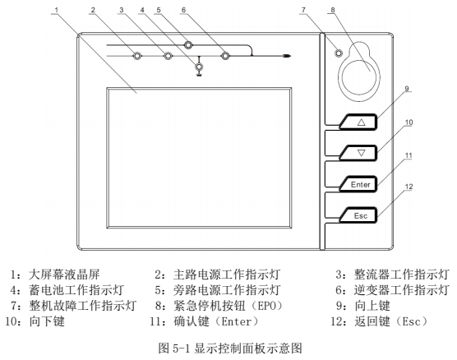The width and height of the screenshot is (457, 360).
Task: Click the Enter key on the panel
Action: click(358, 184)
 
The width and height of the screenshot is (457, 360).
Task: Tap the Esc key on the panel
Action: click(358, 215)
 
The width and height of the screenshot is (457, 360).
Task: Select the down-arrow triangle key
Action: click(358, 153)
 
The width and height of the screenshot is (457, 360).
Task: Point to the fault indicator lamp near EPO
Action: click(339, 53)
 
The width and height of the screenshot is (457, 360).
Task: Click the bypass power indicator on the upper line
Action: click(188, 45)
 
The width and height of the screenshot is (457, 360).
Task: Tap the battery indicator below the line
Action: click(199, 67)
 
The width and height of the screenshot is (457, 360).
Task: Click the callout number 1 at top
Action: click(57, 10)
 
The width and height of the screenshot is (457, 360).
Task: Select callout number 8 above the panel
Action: click(333, 10)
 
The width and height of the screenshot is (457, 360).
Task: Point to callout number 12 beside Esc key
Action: click(409, 187)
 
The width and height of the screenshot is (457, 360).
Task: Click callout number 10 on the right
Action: click(409, 122)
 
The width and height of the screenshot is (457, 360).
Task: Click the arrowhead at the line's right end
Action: click(287, 56)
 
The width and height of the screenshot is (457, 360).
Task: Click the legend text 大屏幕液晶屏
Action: click(64, 275)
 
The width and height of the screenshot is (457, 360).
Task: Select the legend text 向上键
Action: click(372, 306)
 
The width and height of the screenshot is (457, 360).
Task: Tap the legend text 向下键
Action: click(47, 321)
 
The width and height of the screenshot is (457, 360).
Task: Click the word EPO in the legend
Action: click(266, 306)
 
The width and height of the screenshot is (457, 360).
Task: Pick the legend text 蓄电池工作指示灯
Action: click(76, 290)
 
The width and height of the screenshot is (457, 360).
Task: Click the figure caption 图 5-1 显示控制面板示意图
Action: click(230, 348)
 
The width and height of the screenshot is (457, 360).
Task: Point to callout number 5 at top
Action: click(159, 10)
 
